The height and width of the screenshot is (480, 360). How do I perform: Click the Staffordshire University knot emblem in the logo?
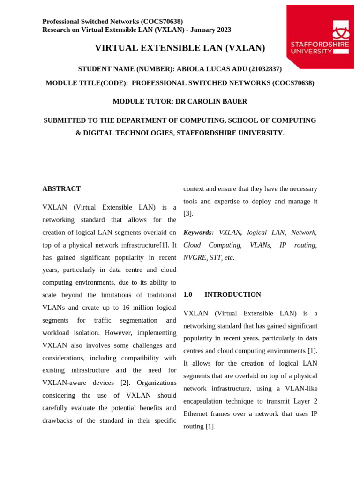(x=341, y=30)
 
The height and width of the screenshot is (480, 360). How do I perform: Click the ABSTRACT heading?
(x=61, y=188)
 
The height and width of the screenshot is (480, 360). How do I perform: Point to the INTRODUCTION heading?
(x=232, y=294)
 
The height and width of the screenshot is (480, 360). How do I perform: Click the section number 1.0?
(x=187, y=294)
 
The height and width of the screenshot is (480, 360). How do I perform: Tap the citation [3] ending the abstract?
(x=188, y=213)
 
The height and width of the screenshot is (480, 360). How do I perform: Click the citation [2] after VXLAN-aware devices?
(x=125, y=382)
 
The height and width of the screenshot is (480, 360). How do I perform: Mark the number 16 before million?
(x=127, y=307)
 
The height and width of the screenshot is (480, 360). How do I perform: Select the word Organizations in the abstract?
(x=157, y=382)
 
